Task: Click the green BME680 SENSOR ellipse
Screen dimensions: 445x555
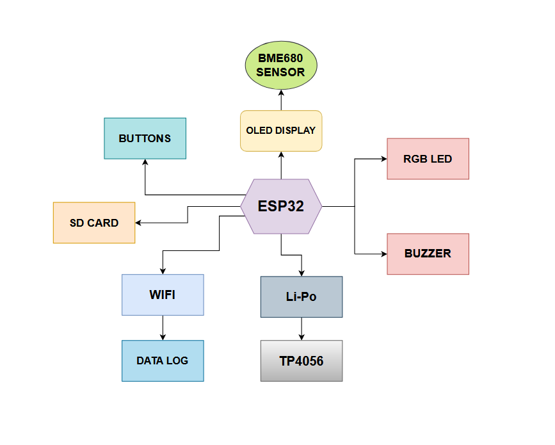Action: pyautogui.click(x=281, y=65)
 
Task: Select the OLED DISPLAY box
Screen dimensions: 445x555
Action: pyautogui.click(x=281, y=131)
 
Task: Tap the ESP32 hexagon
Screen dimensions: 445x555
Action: pyautogui.click(x=281, y=206)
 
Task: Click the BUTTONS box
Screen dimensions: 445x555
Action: pyautogui.click(x=145, y=138)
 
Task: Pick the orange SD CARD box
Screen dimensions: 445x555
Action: pyautogui.click(x=94, y=223)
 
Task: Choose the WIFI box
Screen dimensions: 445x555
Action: pyautogui.click(x=163, y=295)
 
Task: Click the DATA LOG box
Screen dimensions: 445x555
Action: pyautogui.click(x=163, y=361)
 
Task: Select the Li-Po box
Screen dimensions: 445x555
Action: pyautogui.click(x=301, y=297)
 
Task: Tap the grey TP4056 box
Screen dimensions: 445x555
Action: pyautogui.click(x=301, y=361)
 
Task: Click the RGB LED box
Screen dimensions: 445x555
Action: pyautogui.click(x=428, y=159)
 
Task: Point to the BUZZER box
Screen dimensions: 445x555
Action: pyautogui.click(x=428, y=254)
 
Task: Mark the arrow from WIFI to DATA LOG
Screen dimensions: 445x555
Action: pyautogui.click(x=163, y=328)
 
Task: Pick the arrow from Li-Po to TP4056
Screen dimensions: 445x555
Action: pyautogui.click(x=301, y=329)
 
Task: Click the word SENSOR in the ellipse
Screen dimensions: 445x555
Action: pyautogui.click(x=280, y=72)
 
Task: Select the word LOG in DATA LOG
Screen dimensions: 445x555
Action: pyautogui.click(x=177, y=361)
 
